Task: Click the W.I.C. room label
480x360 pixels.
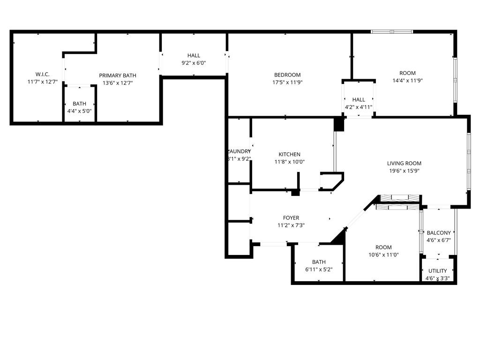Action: click(42, 75)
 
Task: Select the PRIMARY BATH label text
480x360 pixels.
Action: click(118, 75)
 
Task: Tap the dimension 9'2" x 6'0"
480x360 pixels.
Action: click(194, 63)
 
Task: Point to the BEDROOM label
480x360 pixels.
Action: click(287, 75)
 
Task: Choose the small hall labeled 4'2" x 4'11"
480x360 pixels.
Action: click(359, 103)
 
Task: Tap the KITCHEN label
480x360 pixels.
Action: click(289, 155)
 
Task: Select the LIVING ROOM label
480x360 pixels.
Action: click(404, 164)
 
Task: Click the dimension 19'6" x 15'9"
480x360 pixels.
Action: click(404, 171)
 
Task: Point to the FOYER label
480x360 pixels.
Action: click(291, 218)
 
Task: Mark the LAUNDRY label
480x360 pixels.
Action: click(239, 151)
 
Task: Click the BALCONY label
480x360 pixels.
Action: click(439, 233)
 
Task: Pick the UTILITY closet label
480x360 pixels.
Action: click(437, 271)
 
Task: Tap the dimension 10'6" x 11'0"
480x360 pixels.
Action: click(383, 255)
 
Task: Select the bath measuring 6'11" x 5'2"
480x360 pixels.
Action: click(319, 266)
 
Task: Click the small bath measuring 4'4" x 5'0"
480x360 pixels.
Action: click(79, 107)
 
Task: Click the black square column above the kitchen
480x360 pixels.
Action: click(338, 124)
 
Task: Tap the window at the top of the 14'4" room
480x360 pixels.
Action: click(392, 32)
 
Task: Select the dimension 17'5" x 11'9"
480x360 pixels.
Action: click(287, 82)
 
